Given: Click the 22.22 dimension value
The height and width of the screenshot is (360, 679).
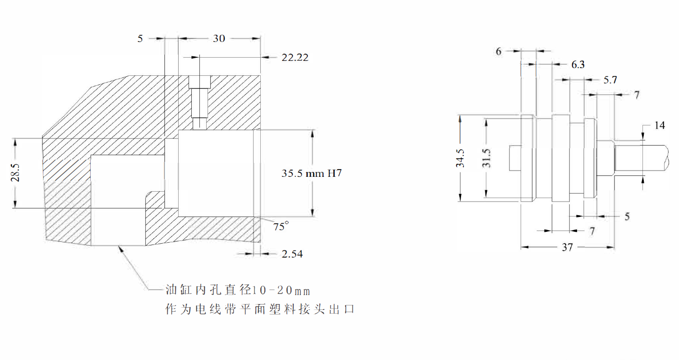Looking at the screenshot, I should point(295,58).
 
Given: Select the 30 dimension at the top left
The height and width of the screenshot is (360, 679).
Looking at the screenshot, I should point(219,39).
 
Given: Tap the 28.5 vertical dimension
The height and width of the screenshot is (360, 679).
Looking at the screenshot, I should point(15,173).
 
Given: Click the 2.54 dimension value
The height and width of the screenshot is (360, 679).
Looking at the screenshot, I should point(292,254).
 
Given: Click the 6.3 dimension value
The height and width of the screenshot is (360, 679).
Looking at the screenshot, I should point(578,65).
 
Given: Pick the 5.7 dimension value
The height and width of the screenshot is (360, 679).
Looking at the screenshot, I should point(610,80).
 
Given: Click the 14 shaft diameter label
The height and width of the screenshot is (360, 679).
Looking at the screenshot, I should point(659,126).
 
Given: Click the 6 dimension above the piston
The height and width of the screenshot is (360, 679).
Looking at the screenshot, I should point(499,51).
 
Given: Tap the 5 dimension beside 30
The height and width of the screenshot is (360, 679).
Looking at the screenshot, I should point(140,39).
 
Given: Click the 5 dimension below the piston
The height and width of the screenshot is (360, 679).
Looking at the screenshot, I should point(627,217).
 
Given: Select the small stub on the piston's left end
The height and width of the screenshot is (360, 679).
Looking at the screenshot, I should point(515,157).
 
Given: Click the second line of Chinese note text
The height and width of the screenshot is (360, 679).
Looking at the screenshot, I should point(260,310).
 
